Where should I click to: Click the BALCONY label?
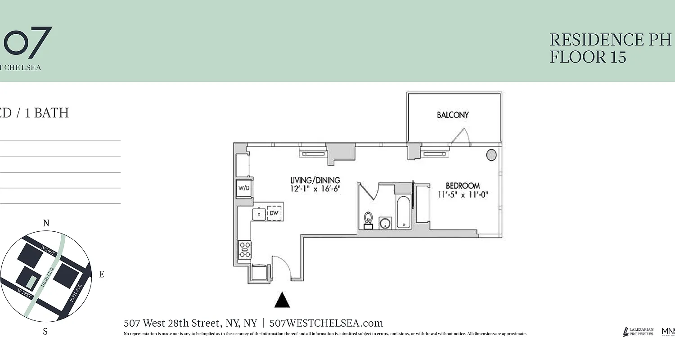(453, 115)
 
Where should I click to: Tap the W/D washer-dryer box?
(244, 188)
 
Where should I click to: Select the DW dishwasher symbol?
(274, 213)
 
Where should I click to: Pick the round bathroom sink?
(385, 223)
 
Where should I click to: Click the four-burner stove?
(244, 250)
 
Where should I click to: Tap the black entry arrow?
(282, 300)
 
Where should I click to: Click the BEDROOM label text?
(463, 185)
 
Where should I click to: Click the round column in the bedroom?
(491, 155)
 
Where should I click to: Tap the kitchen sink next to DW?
(259, 214)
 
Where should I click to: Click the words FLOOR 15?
(588, 57)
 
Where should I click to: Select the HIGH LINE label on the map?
(47, 277)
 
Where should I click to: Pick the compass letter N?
(46, 223)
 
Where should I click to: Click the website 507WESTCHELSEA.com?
(326, 323)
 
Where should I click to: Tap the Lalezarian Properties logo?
(638, 332)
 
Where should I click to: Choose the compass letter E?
(101, 274)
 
